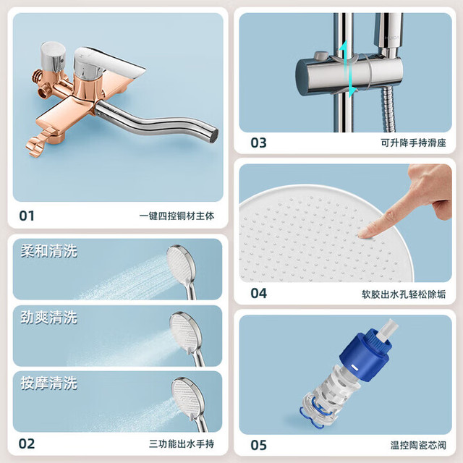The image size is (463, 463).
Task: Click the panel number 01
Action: point(27,216)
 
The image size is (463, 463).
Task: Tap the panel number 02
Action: point(27,443)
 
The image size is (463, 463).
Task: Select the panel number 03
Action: point(258,143)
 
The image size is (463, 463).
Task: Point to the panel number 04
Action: point(258,293)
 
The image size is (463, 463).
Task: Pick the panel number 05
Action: point(258,445)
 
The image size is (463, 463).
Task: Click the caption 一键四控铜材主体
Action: point(177,216)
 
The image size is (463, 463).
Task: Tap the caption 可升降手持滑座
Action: point(413,143)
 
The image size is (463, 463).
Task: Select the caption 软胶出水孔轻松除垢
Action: point(404,294)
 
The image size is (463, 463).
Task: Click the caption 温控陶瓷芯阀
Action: point(418,446)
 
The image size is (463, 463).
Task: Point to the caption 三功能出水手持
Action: point(182,443)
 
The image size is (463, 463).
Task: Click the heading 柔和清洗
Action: point(49,251)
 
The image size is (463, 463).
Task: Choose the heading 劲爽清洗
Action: point(49,318)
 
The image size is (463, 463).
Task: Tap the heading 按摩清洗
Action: point(49,383)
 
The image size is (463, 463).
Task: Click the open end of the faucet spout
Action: point(214,136)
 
